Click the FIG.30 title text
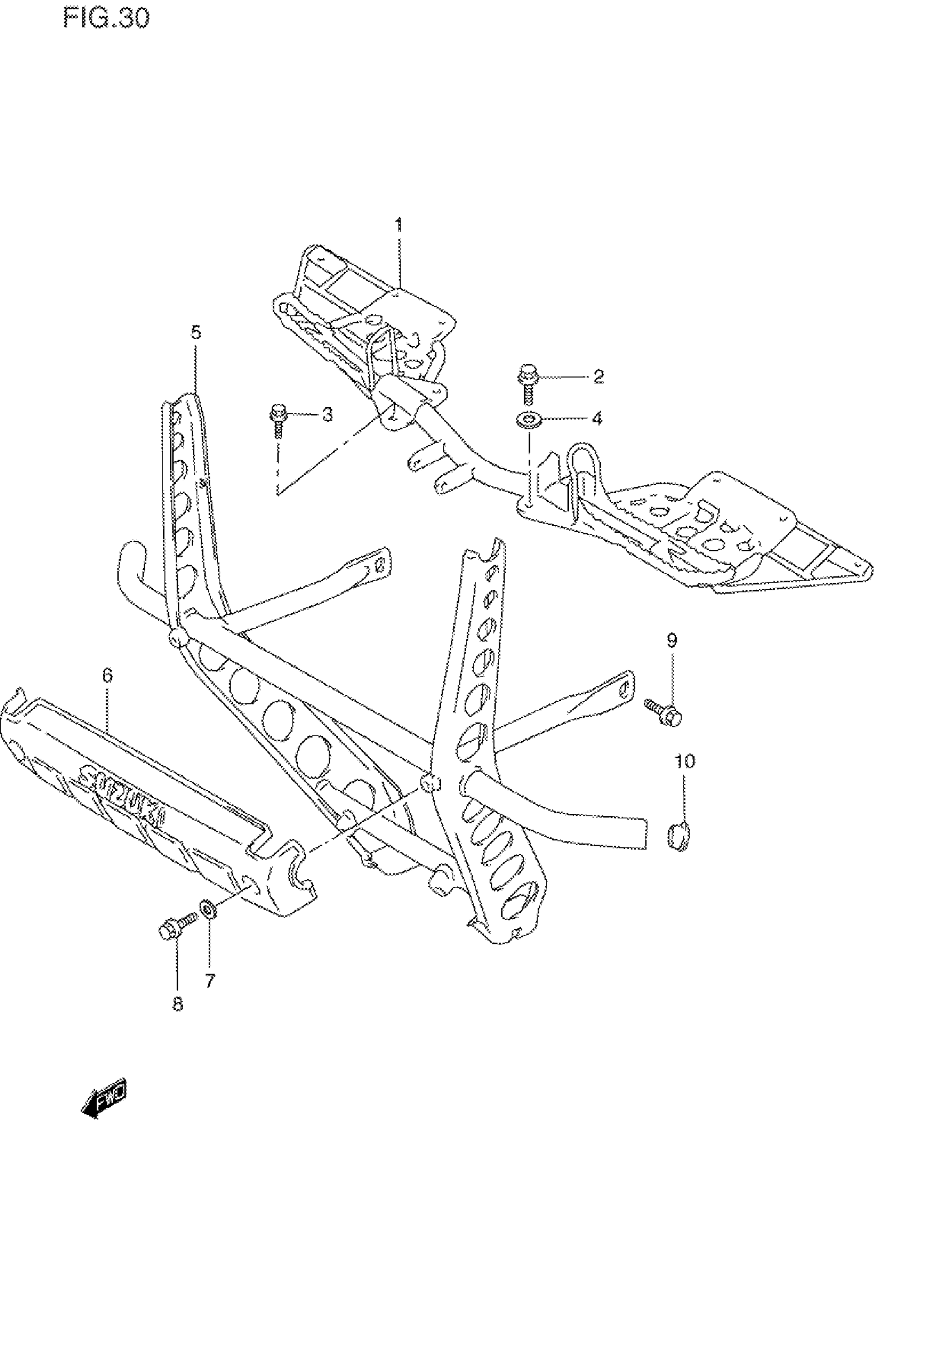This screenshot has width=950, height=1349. [x=106, y=19]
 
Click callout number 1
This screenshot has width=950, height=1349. [x=398, y=225]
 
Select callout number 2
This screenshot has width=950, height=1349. [x=598, y=376]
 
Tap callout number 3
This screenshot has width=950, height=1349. [x=327, y=414]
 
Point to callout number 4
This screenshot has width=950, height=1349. [x=597, y=418]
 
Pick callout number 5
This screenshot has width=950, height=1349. [x=196, y=332]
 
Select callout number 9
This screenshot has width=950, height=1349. [x=672, y=640]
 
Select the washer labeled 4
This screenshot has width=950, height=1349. [x=530, y=421]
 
